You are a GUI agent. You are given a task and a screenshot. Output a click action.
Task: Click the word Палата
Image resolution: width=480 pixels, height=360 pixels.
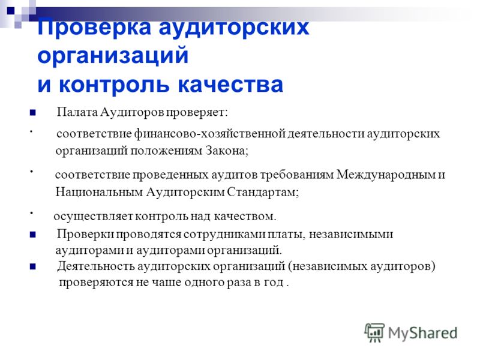click(77, 112)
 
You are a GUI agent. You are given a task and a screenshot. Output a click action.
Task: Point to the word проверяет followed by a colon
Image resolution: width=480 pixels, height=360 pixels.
click(197, 113)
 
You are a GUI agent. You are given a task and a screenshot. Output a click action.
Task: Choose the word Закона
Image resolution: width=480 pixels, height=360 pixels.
click(227, 151)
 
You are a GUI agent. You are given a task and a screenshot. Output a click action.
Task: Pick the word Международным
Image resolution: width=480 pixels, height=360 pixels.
click(386, 175)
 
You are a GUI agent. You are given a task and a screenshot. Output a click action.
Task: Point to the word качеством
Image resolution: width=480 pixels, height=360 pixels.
click(245, 217)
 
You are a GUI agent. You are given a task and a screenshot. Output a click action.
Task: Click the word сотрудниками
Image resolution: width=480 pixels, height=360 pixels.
click(224, 234)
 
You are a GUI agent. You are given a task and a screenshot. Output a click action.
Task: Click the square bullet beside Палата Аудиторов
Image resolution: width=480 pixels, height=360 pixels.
click(33, 113)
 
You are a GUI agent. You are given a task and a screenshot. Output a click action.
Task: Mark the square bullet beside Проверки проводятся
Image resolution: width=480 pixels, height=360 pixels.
click(33, 235)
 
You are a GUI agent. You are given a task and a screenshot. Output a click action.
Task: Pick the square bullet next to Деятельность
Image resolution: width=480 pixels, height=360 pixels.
click(33, 266)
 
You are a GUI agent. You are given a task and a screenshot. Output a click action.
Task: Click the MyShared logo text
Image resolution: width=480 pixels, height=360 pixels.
click(422, 334)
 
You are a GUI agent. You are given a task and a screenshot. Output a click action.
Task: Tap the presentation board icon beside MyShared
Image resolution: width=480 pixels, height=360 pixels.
click(374, 332)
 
